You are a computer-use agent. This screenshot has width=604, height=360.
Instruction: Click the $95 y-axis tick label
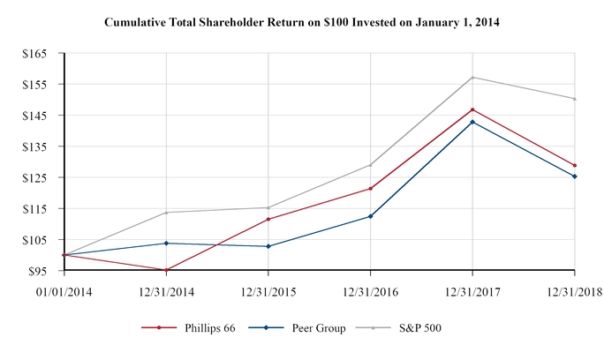(37, 271)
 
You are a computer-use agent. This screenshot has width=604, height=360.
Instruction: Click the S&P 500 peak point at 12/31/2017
(472, 77)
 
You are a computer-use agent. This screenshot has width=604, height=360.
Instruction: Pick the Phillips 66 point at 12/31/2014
(166, 270)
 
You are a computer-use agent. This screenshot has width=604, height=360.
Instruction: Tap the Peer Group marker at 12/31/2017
(472, 122)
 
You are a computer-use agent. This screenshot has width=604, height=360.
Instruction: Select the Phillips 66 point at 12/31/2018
(575, 165)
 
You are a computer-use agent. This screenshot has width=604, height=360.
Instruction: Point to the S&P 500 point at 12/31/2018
(575, 99)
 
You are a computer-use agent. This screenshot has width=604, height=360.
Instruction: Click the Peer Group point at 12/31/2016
(370, 216)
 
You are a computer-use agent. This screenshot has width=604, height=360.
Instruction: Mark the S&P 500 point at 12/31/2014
(166, 213)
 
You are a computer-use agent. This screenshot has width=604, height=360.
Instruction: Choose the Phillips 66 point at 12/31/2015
(268, 219)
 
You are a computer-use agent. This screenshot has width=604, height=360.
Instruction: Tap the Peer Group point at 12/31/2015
(268, 246)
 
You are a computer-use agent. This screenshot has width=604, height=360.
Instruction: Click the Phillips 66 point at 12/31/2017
(472, 109)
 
